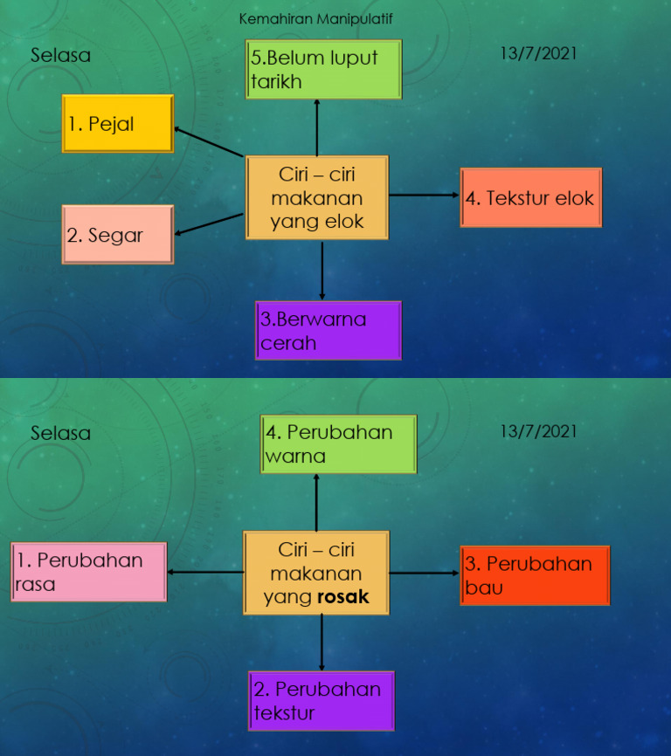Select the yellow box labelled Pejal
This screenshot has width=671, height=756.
(118, 124)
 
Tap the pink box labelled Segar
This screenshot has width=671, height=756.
(118, 235)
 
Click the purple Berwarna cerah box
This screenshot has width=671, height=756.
(329, 331)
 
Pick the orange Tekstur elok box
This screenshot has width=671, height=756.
(530, 198)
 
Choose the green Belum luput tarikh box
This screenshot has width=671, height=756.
(324, 70)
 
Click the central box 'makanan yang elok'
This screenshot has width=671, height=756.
(316, 198)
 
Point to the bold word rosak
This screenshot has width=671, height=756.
(343, 598)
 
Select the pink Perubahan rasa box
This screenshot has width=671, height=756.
(89, 572)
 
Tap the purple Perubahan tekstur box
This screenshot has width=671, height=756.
(322, 701)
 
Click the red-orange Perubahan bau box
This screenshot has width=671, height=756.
(534, 575)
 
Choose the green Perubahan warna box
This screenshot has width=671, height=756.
(339, 444)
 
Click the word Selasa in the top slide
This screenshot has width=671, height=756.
(60, 55)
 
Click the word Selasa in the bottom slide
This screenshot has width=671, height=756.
(60, 433)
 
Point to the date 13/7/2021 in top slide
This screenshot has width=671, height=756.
(538, 53)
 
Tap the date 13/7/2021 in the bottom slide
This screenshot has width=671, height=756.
(538, 430)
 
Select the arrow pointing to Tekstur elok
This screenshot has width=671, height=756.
(425, 196)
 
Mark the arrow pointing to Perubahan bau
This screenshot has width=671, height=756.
(425, 574)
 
